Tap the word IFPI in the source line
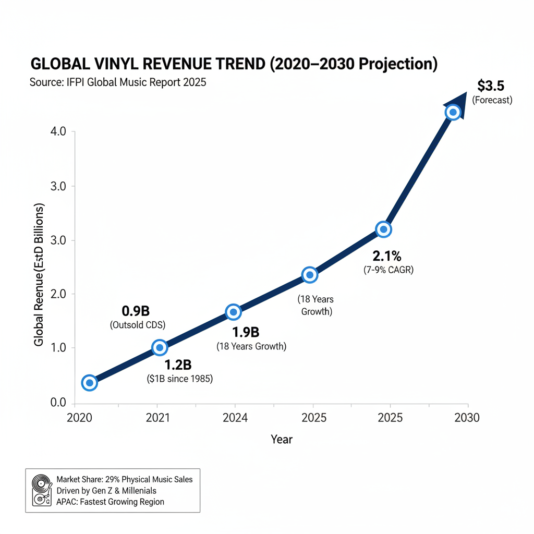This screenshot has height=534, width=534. point(73,82)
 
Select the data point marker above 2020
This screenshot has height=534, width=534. point(90,383)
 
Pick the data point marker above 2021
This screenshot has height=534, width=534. point(160,348)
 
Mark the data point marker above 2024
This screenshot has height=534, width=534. point(233,312)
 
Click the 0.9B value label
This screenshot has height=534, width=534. point(136,311)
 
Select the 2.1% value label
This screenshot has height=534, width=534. point(386,256)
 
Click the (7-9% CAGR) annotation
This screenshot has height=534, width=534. point(389,270)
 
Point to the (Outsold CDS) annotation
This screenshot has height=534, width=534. point(137,325)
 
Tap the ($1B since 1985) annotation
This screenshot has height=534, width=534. point(180,379)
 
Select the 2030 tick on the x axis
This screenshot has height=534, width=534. point(466,418)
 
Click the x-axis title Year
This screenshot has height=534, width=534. point(282,439)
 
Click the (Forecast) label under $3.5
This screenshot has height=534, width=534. point(492,100)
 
